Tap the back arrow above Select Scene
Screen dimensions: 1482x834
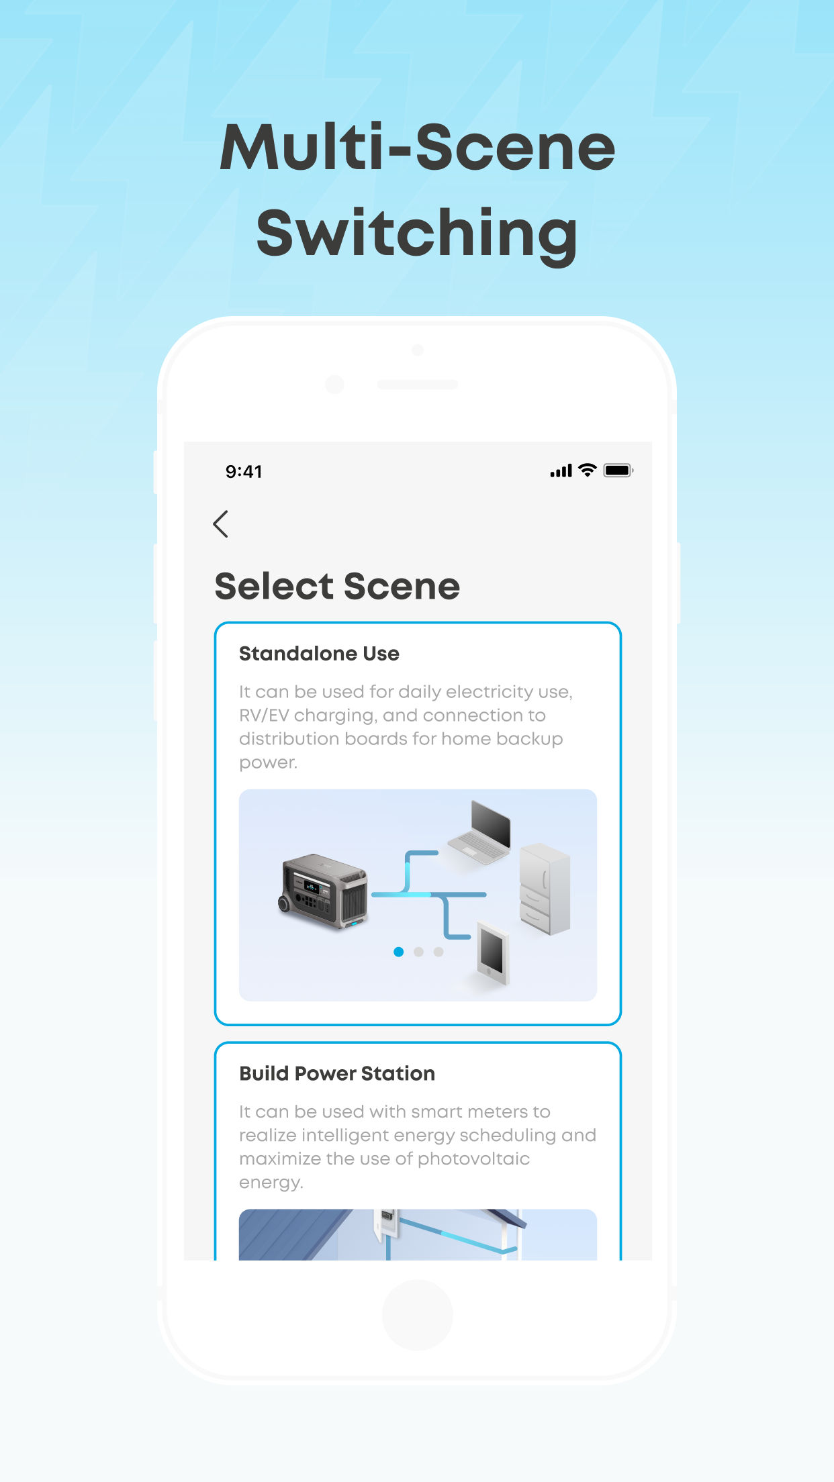click(221, 524)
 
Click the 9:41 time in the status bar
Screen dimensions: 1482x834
click(244, 472)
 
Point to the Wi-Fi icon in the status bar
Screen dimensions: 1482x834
click(588, 471)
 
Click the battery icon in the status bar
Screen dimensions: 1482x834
click(618, 471)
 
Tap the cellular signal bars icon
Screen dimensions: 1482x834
click(561, 471)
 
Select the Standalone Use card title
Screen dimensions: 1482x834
click(319, 654)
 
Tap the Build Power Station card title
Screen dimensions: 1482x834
click(337, 1074)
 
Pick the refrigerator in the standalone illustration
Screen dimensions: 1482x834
click(545, 889)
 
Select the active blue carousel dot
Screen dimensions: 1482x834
click(399, 952)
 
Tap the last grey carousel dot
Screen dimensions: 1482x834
click(438, 952)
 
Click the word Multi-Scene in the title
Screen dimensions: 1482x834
click(417, 148)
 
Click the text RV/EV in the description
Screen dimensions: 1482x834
click(264, 715)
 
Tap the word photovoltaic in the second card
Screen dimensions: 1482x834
click(473, 1159)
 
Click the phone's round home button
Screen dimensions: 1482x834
click(417, 1314)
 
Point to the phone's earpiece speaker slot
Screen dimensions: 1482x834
click(417, 385)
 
